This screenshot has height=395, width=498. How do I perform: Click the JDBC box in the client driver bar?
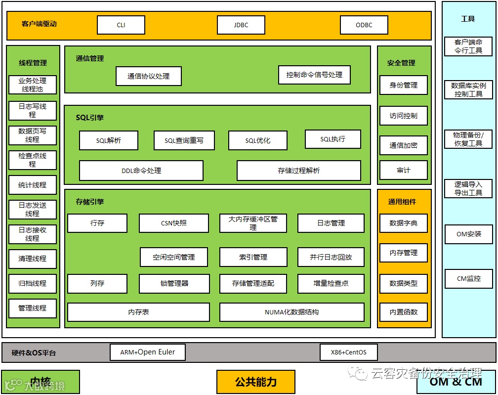coord(241,25)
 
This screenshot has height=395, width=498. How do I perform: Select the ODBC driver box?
coord(364,25)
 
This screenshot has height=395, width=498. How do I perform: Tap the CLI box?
coord(121,25)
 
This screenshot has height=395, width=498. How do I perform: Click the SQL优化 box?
coord(258,140)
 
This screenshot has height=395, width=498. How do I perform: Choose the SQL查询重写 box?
coord(184,140)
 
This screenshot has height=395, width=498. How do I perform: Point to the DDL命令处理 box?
coord(141,171)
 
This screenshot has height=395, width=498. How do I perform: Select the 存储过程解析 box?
coord(299,171)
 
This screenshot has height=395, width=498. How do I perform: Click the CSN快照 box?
coord(174,223)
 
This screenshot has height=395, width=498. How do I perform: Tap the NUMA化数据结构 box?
coord(292,312)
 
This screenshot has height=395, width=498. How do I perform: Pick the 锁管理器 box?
coord(174,283)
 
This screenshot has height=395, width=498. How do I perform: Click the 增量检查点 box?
coord(331,283)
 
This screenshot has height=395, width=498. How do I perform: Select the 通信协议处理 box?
coord(148,76)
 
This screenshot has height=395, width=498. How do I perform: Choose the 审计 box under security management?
coord(404,170)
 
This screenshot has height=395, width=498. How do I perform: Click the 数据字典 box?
coord(404,223)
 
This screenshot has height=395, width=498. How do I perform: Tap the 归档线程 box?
coord(33,283)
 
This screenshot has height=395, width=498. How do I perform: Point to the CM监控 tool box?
coord(468,278)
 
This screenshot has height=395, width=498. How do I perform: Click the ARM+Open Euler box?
coord(148,352)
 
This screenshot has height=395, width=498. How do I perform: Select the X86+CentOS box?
coord(349,352)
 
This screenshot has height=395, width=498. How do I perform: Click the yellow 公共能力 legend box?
coord(256,382)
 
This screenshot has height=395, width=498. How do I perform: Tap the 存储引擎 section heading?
coord(90,202)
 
